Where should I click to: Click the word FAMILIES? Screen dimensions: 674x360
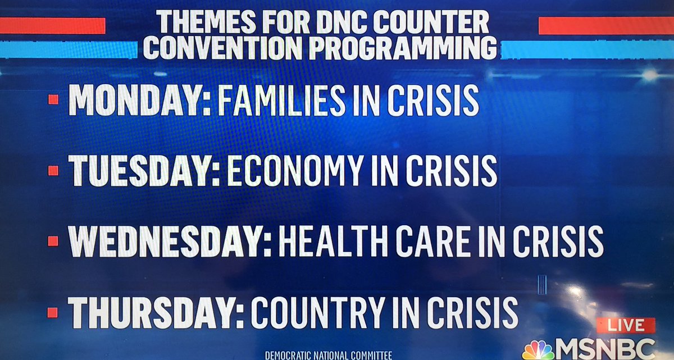(281, 100)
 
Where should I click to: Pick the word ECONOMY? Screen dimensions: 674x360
(295, 171)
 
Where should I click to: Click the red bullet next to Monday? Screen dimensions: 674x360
(53, 99)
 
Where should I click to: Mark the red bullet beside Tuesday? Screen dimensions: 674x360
(53, 171)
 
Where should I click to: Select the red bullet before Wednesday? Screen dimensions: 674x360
(53, 241)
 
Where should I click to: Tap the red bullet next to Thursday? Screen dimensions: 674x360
(52, 313)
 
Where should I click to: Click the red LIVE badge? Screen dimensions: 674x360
(626, 325)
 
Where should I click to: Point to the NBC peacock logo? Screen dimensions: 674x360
(538, 350)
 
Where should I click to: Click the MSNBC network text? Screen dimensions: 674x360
(605, 349)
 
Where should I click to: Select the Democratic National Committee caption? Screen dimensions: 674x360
(328, 356)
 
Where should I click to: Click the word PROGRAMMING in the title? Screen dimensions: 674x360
(403, 48)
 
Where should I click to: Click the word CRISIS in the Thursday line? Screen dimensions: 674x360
(472, 312)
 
